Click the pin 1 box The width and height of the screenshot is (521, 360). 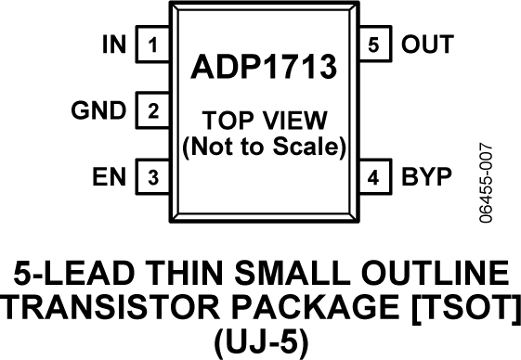[x=152, y=44]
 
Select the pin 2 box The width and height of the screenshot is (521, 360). [x=152, y=111]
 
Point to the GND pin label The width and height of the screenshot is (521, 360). [x=98, y=111]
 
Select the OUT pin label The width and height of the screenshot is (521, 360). [x=426, y=44]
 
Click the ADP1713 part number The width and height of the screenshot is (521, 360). [x=264, y=69]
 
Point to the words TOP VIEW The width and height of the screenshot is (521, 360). [x=264, y=122]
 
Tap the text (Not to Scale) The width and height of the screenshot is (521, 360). [x=264, y=146]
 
